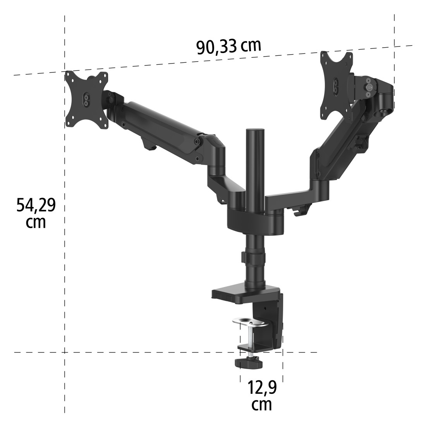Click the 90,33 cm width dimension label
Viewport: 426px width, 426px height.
click(x=228, y=46)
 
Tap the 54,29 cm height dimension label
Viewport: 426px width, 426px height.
click(x=36, y=212)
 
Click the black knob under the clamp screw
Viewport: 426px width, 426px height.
click(x=248, y=362)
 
